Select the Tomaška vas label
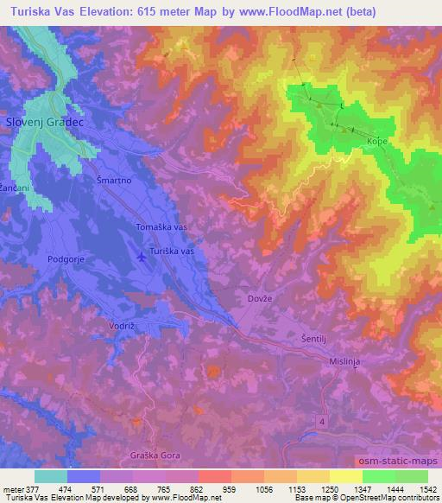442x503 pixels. [163, 226]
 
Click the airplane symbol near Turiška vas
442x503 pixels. [142, 256]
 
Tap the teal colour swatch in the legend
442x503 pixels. [51, 476]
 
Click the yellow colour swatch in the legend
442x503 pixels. [346, 476]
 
